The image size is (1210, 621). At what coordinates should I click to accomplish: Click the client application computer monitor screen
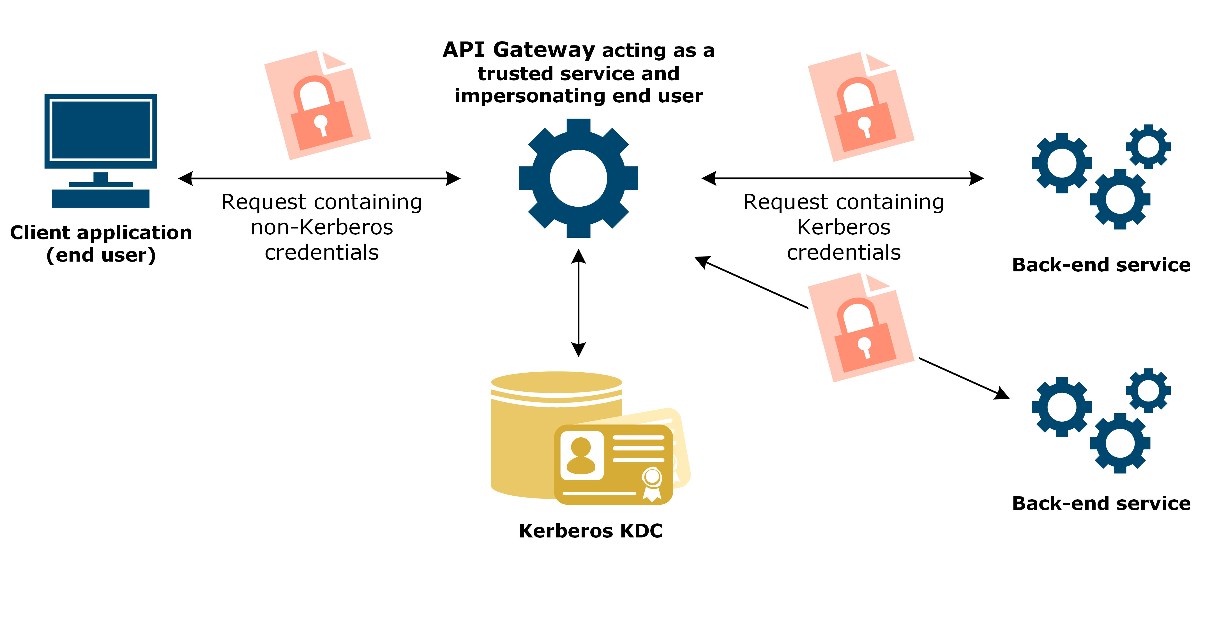coord(100,130)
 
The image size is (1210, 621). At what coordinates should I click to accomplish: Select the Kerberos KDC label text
coord(591,531)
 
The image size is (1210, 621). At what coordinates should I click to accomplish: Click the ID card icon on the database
coord(613,464)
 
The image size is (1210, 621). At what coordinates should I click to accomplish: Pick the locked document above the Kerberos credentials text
coord(861,107)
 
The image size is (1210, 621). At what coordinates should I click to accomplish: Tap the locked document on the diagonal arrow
coord(861,327)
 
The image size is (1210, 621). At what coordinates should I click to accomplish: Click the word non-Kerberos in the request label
coord(322,227)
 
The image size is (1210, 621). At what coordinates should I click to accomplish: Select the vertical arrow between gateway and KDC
coord(578,303)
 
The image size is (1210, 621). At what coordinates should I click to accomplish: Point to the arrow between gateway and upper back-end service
coord(842,179)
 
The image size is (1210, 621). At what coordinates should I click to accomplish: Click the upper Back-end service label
coord(1101,265)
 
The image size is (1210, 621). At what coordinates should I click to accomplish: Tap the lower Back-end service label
coord(1101,504)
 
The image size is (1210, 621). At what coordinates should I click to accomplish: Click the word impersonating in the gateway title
coord(531,96)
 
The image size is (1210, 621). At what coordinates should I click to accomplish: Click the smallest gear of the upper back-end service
coord(1148,147)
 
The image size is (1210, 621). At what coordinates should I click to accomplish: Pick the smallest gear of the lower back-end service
coord(1148,390)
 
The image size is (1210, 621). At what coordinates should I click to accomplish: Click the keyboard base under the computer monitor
coord(100,199)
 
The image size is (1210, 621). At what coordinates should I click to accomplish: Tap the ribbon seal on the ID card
coord(652,484)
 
